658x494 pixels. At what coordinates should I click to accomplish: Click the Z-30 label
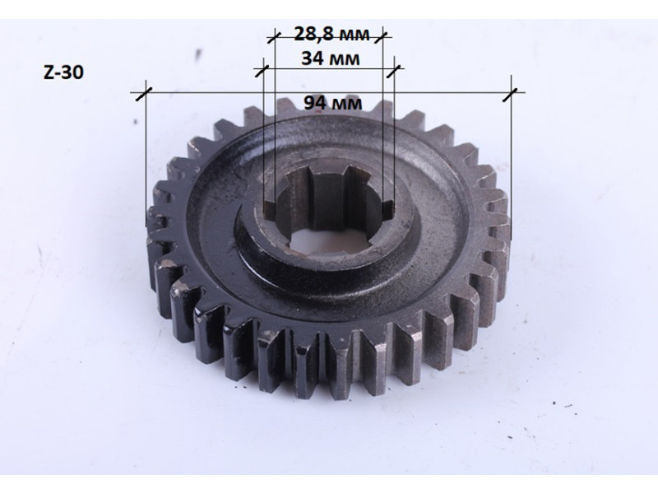click(63, 72)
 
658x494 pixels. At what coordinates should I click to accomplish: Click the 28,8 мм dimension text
click(331, 34)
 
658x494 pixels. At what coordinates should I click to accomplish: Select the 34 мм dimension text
click(331, 58)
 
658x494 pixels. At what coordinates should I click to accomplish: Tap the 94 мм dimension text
click(333, 102)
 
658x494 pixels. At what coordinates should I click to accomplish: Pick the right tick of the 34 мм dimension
click(395, 68)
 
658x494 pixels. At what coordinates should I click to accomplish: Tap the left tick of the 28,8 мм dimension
click(274, 37)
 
